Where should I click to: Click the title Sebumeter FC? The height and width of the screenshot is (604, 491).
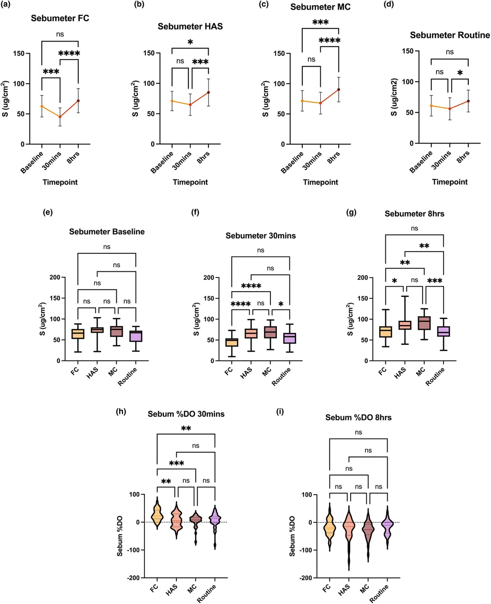[x=60, y=18]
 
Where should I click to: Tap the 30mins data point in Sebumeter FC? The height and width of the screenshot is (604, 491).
[x=60, y=117]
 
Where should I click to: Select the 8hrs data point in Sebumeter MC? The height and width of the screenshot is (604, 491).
[x=338, y=90]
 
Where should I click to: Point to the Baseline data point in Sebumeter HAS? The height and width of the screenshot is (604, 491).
[x=172, y=101]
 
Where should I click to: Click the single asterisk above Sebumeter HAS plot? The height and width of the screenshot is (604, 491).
[x=190, y=42]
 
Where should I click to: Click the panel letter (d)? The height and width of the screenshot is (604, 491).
[x=389, y=4]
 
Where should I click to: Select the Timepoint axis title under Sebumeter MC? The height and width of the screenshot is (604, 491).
[x=320, y=182]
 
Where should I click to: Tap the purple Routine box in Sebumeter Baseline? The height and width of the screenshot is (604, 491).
[x=136, y=336]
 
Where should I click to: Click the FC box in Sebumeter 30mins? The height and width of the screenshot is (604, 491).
[x=232, y=342]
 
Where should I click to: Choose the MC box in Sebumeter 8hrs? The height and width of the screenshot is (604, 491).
[x=424, y=323]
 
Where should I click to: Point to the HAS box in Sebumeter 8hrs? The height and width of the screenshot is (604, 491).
[x=405, y=325]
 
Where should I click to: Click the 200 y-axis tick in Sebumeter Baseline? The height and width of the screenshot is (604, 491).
[x=55, y=277]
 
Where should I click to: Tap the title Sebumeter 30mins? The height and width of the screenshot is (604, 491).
[x=261, y=236]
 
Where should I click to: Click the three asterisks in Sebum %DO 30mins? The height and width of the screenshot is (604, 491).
[x=176, y=464]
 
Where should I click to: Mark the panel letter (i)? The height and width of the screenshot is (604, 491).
[x=280, y=412]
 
